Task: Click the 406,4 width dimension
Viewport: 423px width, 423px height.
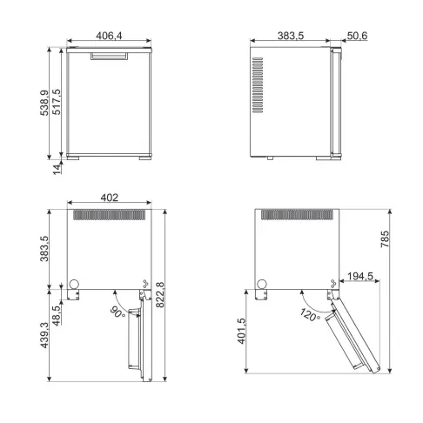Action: point(108,37)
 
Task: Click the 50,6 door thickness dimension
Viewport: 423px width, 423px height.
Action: point(355,37)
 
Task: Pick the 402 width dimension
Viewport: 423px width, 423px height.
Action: point(109,198)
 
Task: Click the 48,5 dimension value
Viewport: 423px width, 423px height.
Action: point(57,311)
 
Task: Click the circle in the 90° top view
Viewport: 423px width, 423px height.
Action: point(75,282)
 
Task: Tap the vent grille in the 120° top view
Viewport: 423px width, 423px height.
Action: point(290,214)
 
